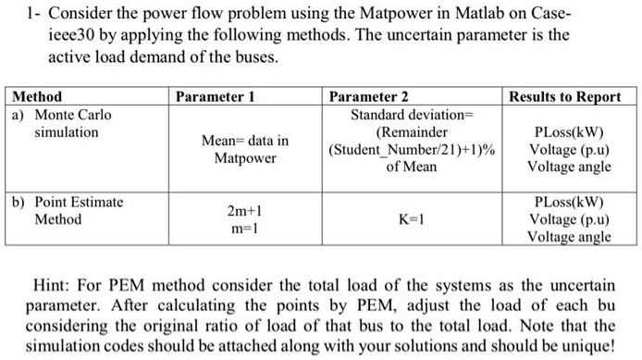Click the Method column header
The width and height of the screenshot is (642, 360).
pos(37,96)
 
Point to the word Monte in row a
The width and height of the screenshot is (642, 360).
pos(55,115)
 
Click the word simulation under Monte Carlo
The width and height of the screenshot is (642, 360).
pos(66,132)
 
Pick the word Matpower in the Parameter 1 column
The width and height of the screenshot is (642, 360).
pos(244,158)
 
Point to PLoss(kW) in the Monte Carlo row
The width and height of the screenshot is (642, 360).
pos(569,132)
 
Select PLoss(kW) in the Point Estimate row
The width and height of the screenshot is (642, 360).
pos(569,203)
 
